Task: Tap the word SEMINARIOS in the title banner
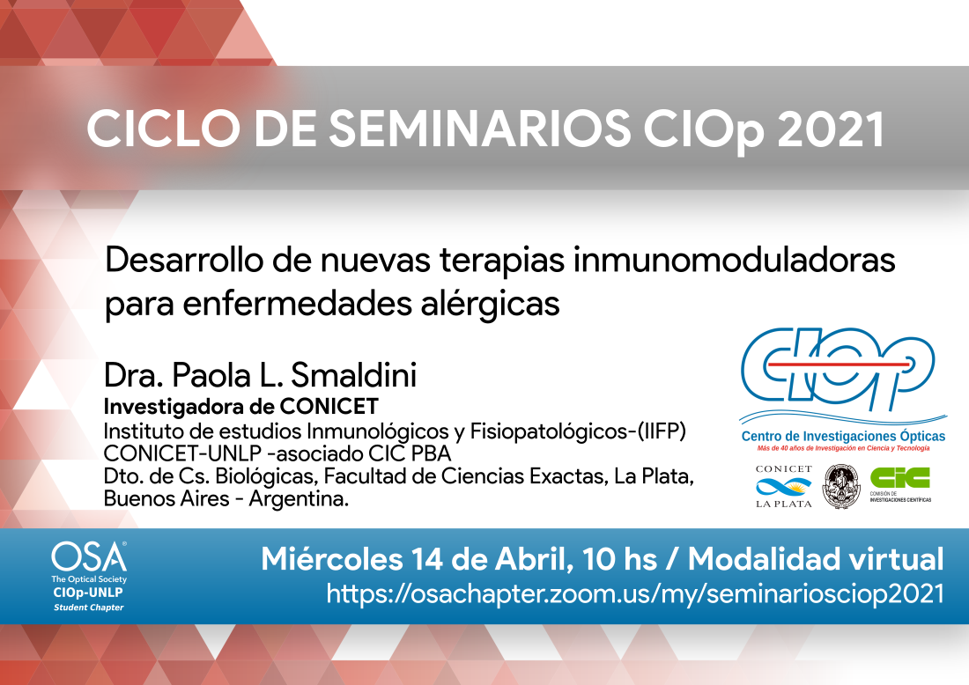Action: click(x=479, y=129)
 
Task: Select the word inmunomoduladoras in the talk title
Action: click(x=734, y=260)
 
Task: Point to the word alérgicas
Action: click(x=490, y=305)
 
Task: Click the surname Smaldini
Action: click(x=353, y=375)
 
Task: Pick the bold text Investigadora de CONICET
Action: click(x=241, y=407)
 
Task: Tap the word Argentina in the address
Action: click(x=299, y=499)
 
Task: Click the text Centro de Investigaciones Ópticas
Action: click(x=843, y=437)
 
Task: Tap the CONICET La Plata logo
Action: click(x=784, y=487)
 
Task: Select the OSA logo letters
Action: click(x=89, y=557)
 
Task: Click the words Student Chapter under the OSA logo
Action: click(x=88, y=608)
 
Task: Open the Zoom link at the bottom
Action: click(x=635, y=593)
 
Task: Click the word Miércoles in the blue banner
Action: click(x=332, y=559)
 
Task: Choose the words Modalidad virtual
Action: click(x=816, y=559)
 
